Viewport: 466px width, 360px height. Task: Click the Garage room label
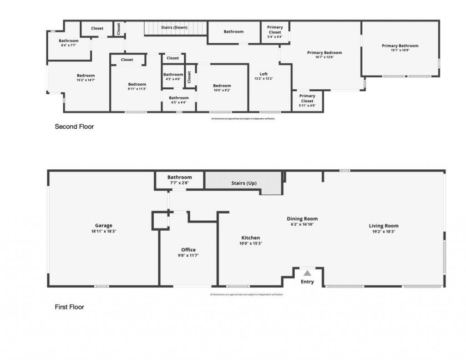(x=104, y=226)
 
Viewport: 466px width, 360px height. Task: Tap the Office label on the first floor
(x=188, y=250)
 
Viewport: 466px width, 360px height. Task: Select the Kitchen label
(x=251, y=238)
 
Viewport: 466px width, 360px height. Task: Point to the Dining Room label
(x=302, y=219)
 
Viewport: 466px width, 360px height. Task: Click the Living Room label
(x=384, y=226)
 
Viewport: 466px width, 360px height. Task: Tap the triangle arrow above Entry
(x=308, y=273)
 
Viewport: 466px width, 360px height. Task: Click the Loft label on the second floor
(x=264, y=74)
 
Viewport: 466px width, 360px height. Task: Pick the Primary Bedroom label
(x=324, y=53)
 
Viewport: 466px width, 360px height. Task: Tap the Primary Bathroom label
(x=400, y=46)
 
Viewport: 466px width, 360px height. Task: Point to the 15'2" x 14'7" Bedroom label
(x=86, y=76)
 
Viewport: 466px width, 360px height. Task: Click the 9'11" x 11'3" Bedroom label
(x=137, y=84)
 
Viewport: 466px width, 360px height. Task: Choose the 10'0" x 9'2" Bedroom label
(x=222, y=86)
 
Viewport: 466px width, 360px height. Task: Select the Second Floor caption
(x=74, y=127)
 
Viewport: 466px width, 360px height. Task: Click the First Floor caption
(x=70, y=307)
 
